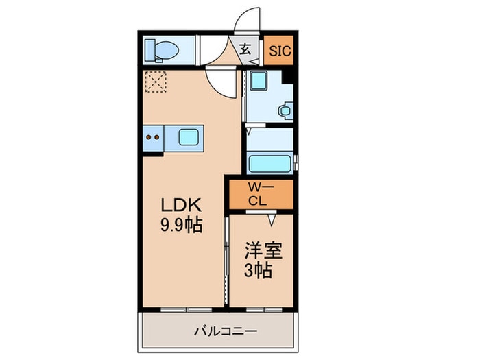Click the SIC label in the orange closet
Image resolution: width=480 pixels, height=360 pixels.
click(x=280, y=51)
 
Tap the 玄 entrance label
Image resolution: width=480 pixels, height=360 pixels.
click(x=245, y=49)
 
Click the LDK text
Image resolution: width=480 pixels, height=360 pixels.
click(x=181, y=205)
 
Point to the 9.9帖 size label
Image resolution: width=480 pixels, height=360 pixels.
click(x=181, y=226)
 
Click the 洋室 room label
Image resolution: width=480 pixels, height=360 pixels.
click(x=263, y=250)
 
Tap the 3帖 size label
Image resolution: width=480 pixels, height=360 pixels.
click(x=258, y=270)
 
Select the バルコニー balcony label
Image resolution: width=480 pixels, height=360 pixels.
click(x=226, y=331)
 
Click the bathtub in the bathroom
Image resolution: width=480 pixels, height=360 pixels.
click(x=269, y=164)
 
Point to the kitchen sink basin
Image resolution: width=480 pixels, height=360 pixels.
click(x=189, y=137)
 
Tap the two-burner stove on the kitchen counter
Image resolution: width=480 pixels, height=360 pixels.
click(x=153, y=138)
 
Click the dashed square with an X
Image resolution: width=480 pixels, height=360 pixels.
click(x=156, y=82)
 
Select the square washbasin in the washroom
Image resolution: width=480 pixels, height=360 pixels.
click(x=259, y=81)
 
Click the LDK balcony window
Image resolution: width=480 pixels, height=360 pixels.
click(x=186, y=310)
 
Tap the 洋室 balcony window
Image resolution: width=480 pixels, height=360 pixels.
click(x=264, y=310)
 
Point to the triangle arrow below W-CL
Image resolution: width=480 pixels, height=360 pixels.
click(x=272, y=220)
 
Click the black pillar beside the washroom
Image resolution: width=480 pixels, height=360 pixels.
click(x=287, y=77)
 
